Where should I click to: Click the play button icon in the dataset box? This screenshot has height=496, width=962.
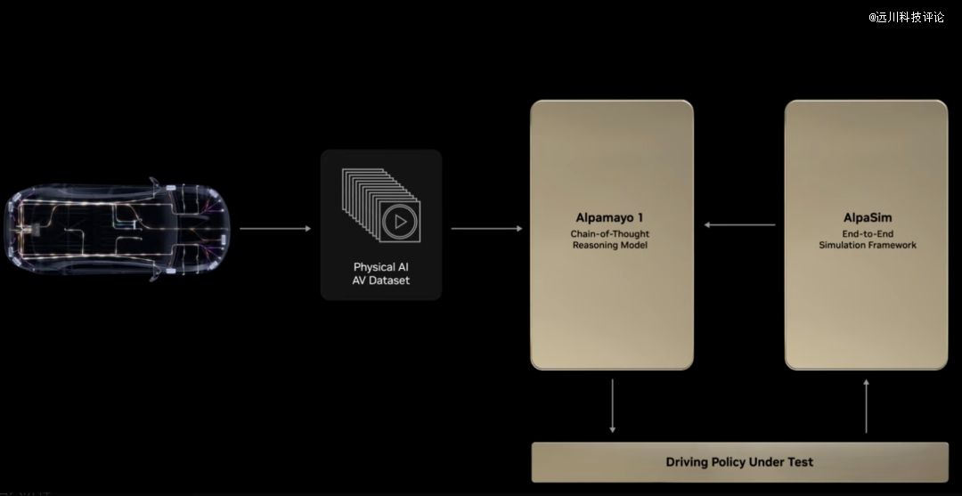[401, 222]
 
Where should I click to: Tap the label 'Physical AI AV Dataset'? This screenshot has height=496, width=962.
[381, 274]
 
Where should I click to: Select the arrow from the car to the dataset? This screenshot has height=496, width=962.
[275, 229]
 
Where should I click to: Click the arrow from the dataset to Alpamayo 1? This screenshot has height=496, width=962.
[486, 229]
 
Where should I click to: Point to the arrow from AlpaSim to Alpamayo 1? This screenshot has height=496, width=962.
[739, 225]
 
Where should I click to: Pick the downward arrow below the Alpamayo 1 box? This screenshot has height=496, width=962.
[612, 406]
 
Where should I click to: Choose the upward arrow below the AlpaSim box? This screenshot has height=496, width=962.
[867, 406]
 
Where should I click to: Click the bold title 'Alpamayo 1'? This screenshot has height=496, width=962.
[609, 217]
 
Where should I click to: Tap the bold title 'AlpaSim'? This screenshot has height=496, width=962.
[868, 217]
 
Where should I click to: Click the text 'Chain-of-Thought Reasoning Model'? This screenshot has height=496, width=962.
[610, 240]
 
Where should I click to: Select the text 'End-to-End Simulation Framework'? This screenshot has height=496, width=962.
[868, 240]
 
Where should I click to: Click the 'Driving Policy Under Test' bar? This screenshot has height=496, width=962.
[740, 462]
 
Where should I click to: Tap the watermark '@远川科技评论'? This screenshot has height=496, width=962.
[906, 17]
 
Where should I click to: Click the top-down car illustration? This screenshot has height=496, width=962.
[118, 230]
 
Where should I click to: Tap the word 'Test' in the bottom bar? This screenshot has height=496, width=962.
[802, 462]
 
